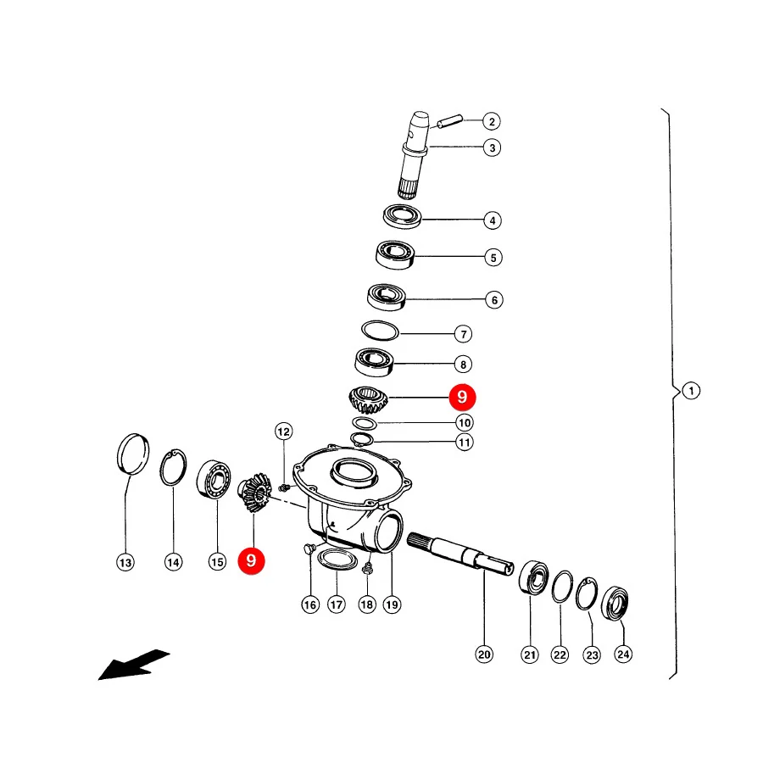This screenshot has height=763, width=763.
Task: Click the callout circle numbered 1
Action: click(691, 391)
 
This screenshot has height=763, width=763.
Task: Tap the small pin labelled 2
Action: click(449, 120)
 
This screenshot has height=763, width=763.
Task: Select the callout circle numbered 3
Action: click(492, 148)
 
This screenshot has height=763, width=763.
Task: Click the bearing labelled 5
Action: click(395, 254)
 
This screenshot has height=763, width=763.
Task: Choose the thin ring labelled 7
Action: click(380, 331)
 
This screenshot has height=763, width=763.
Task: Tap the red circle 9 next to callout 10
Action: click(462, 397)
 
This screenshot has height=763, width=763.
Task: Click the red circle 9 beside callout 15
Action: click(251, 560)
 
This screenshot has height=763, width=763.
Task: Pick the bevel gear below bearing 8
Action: click(369, 399)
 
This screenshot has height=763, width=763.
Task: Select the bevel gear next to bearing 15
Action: click(254, 492)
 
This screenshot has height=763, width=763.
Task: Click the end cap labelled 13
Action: click(133, 453)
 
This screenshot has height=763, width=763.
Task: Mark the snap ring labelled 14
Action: click(173, 467)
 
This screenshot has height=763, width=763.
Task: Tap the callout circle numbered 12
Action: click(284, 432)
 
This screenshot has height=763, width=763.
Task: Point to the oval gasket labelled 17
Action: click(337, 560)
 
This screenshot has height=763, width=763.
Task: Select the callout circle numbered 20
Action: click(484, 654)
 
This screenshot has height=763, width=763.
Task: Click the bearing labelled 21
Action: click(534, 577)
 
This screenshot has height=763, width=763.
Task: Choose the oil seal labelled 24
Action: click(615, 604)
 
